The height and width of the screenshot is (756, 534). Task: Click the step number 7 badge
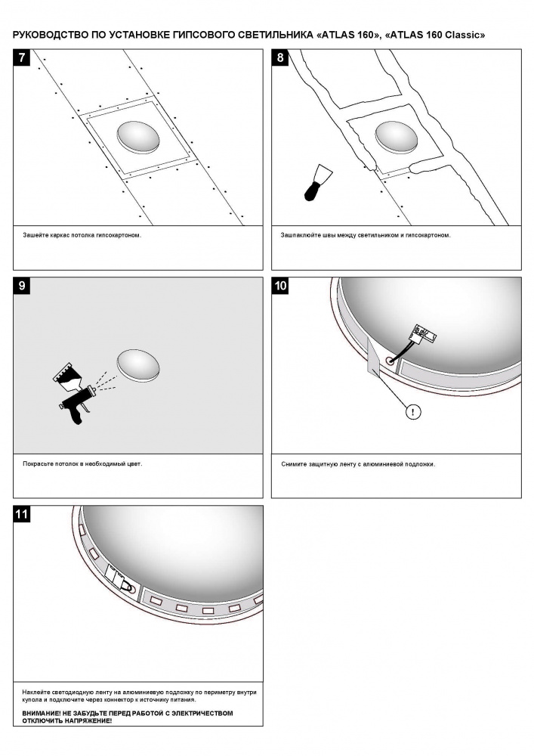(23, 58)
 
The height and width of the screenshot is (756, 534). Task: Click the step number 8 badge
(281, 58)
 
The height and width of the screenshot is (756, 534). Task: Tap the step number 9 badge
(23, 286)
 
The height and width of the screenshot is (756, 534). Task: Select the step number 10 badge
(281, 286)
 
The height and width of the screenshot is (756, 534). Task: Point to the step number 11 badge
(23, 515)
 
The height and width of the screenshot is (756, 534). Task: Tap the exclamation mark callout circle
(414, 412)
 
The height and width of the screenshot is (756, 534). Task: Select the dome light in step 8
(397, 137)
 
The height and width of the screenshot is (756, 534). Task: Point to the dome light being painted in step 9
(139, 366)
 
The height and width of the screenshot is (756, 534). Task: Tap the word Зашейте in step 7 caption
(35, 235)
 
